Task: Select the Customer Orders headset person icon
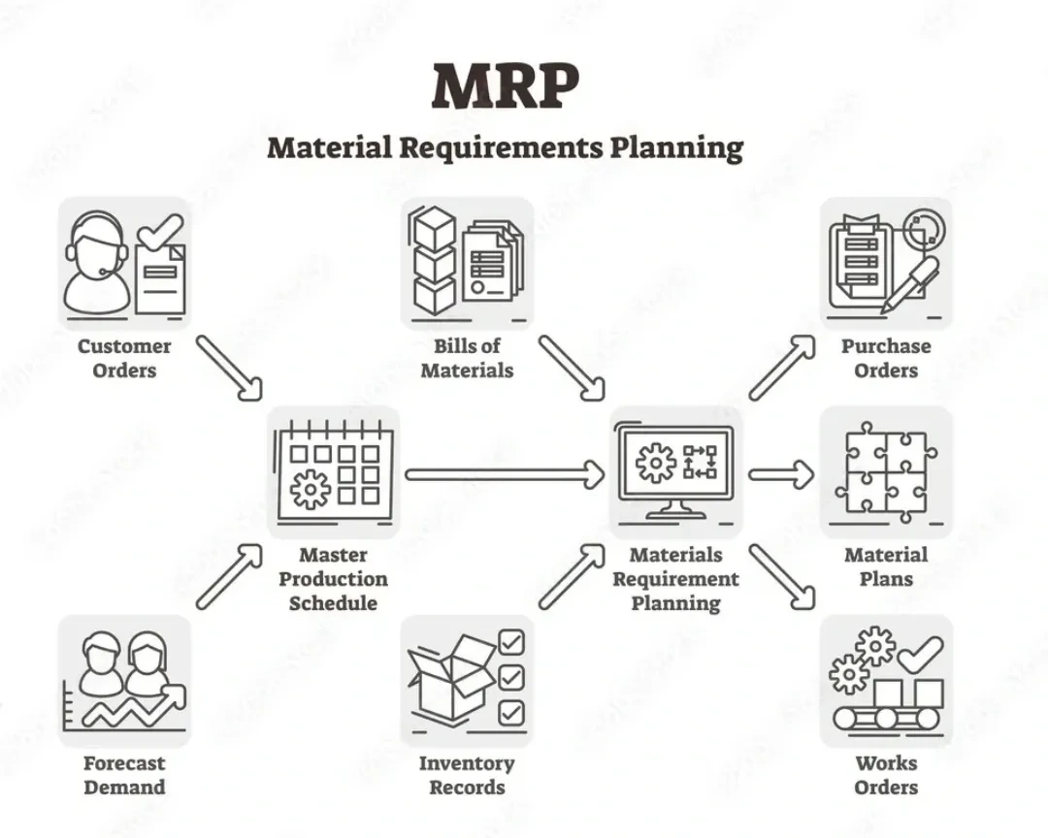[96, 262]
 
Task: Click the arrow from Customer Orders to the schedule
[229, 368]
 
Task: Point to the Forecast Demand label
[124, 775]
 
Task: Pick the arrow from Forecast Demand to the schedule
[229, 576]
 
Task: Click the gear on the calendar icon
[311, 488]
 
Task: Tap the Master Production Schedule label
[333, 579]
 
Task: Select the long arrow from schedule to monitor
[506, 474]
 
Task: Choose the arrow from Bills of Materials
[572, 368]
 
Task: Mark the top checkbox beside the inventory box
[510, 642]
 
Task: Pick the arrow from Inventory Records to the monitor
[572, 576]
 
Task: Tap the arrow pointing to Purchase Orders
[782, 368]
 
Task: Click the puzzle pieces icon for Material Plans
[886, 470]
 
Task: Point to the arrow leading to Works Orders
[782, 576]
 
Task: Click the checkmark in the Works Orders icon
[919, 653]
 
